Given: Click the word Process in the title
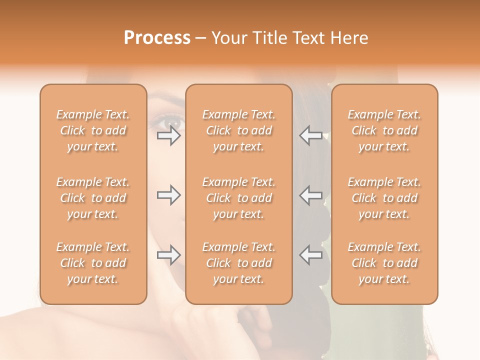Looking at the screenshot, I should [157, 38].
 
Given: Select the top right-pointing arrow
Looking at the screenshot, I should [169, 135].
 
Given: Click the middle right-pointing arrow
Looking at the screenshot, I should [169, 195].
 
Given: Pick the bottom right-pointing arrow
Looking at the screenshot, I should [169, 255].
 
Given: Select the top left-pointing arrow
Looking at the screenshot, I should [311, 135].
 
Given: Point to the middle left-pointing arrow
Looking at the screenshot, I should [311, 195].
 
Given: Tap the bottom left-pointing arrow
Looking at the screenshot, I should [311, 255].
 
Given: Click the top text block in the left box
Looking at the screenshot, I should [93, 130].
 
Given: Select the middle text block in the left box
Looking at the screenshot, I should [93, 198].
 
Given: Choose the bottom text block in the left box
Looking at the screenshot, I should [93, 263].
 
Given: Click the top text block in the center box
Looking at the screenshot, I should [238, 130].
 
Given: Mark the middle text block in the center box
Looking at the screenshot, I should [238, 198].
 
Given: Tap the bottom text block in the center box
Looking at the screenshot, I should [238, 263].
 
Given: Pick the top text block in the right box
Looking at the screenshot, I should [384, 130].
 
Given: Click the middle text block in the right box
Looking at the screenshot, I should [384, 198].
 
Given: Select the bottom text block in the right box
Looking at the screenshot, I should [384, 263].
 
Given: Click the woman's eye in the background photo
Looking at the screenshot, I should [170, 121].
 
